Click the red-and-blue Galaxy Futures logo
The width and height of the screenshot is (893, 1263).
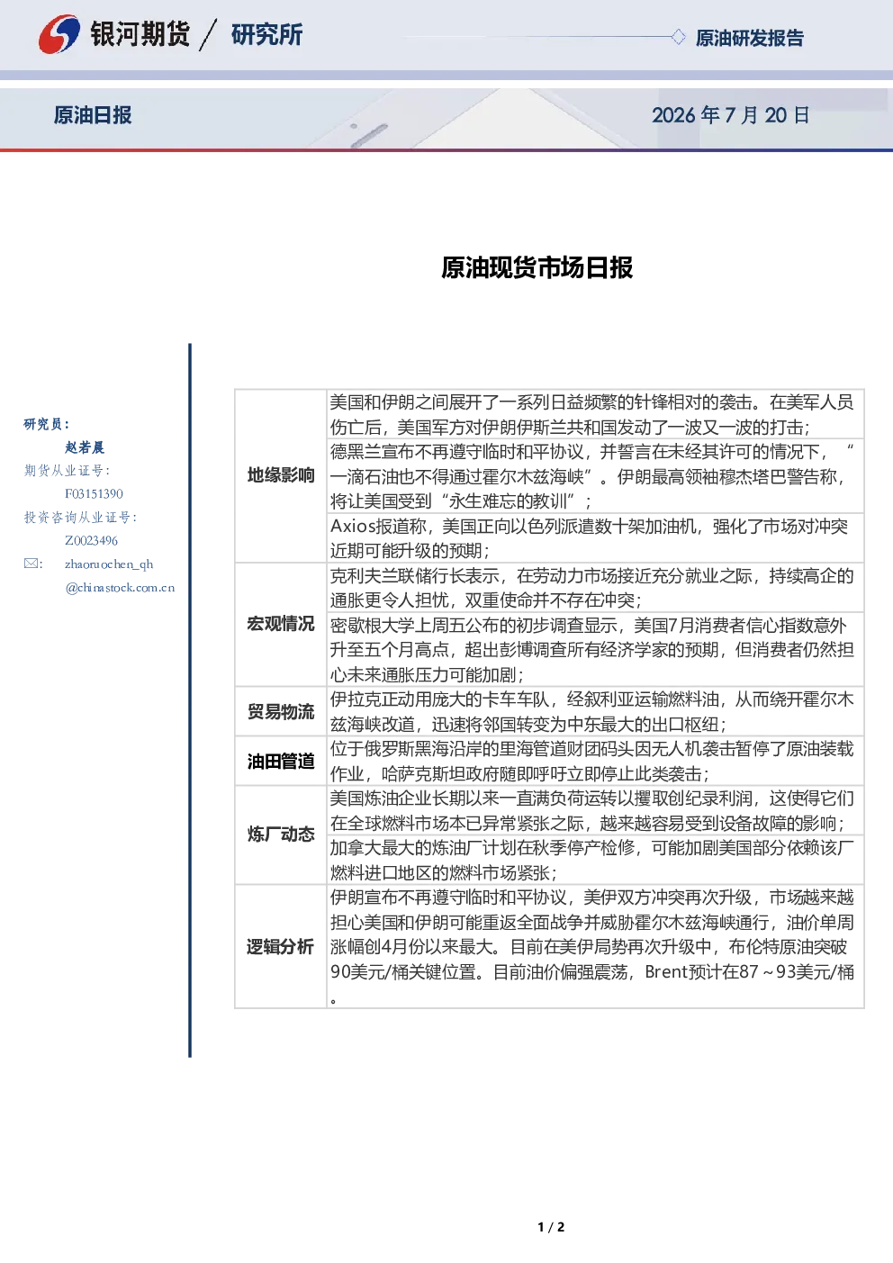click(59, 34)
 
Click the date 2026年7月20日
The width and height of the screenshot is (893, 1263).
click(731, 115)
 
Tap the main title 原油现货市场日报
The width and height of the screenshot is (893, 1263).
click(537, 267)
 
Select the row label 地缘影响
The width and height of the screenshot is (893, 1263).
click(281, 475)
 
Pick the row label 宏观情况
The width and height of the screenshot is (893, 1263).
click(281, 624)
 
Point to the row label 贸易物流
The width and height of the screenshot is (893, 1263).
click(281, 711)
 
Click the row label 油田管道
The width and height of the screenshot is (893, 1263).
click(281, 762)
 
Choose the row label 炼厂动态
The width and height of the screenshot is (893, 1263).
click(281, 834)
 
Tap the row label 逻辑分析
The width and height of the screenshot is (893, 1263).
click(280, 947)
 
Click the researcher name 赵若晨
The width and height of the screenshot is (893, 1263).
click(85, 447)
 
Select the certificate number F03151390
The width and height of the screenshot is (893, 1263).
click(94, 494)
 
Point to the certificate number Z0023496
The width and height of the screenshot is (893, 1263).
click(91, 541)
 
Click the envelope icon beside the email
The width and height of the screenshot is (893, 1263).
click(31, 564)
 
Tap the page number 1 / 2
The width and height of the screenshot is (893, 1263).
click(551, 1227)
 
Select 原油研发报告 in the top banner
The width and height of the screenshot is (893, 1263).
click(749, 38)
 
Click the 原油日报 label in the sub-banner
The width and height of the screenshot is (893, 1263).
click(93, 115)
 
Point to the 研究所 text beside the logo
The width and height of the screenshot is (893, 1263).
click(266, 34)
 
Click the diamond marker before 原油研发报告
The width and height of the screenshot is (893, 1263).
click(678, 37)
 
